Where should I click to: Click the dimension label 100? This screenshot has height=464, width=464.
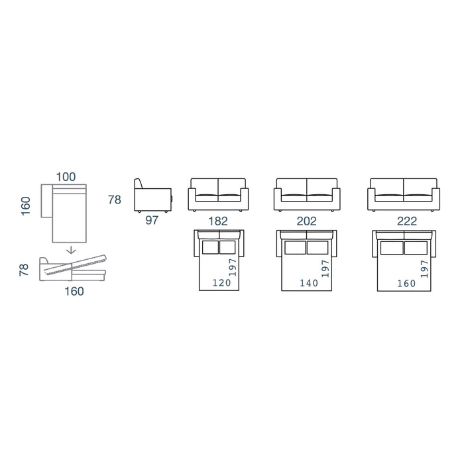[x=66, y=177]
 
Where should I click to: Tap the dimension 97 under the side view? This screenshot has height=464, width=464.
[x=152, y=220]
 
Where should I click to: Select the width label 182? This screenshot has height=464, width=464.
[x=218, y=221]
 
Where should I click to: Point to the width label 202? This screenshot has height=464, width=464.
[x=306, y=221]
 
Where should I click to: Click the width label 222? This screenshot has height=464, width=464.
[x=407, y=221]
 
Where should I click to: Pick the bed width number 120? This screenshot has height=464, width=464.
[x=221, y=283]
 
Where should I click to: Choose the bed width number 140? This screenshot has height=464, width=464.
[x=309, y=283]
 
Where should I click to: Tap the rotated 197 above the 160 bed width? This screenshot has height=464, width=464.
[x=424, y=268]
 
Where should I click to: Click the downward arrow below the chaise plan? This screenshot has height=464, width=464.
[x=71, y=250]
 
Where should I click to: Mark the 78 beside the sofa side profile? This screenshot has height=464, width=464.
[x=115, y=200]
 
